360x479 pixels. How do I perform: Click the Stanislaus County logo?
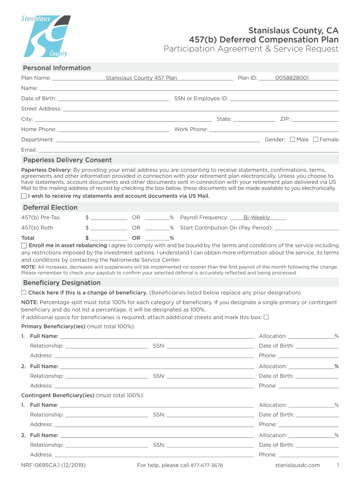tap(45, 36)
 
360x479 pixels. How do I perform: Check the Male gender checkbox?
tap(293, 139)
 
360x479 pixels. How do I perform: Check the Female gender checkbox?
tap(316, 139)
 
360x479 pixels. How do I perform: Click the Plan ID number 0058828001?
tap(292, 78)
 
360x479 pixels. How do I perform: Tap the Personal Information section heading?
tap(57, 68)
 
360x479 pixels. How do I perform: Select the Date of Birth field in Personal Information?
tap(113, 98)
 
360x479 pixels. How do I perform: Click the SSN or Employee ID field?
tap(284, 98)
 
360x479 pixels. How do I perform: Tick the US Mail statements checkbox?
tap(24, 196)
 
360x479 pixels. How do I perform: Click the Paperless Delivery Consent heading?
tap(67, 160)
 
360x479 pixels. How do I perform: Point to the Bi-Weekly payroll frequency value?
tap(257, 218)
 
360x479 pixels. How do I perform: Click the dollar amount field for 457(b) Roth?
tap(108, 228)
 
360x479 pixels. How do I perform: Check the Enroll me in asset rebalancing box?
tap(24, 246)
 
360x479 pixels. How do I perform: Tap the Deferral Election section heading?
tap(50, 207)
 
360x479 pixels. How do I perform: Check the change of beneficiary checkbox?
tap(24, 292)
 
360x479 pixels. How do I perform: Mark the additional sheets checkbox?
tap(266, 317)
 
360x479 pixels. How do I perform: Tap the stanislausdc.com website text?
tap(297, 465)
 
